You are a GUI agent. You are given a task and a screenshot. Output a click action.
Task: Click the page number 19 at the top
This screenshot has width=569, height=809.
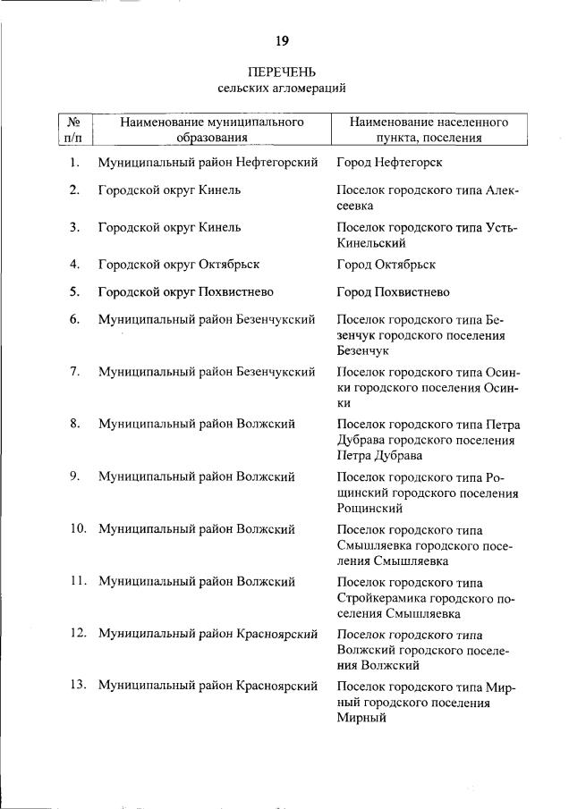point(282,41)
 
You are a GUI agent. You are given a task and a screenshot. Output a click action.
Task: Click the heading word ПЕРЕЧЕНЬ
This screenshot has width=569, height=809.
point(282,72)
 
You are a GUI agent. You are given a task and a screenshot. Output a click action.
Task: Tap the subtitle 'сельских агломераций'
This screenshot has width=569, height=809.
point(282,88)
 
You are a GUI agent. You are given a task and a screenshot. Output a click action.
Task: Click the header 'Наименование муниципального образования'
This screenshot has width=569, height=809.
point(212,129)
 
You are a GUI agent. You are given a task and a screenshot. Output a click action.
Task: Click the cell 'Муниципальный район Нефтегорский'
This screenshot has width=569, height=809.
point(208,163)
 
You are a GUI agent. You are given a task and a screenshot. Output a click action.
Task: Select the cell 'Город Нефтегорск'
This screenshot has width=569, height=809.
point(389,163)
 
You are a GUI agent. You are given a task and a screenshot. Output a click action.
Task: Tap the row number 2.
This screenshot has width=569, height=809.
point(75,190)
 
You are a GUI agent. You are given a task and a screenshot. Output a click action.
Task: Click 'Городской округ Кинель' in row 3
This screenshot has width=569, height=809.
point(169,227)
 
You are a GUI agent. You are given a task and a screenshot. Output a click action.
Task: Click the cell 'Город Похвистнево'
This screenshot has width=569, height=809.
point(393,292)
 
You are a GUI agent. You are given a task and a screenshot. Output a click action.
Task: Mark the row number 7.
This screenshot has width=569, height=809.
point(75,371)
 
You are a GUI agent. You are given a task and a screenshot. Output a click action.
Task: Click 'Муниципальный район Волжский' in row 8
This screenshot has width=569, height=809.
point(196,424)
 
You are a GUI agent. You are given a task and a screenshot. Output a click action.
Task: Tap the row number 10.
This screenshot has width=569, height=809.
point(78,528)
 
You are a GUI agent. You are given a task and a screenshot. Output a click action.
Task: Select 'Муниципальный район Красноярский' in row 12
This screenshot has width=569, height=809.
point(208,634)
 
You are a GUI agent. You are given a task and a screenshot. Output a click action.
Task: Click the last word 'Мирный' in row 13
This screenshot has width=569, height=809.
point(361,718)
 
